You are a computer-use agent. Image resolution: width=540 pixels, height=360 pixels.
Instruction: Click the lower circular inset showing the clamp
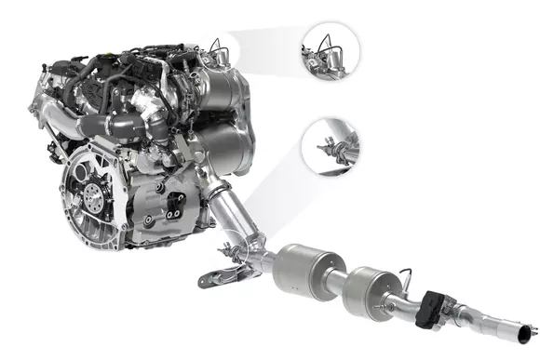(333, 147)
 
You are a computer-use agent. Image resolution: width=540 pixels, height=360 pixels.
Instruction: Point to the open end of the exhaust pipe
(529, 332)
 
